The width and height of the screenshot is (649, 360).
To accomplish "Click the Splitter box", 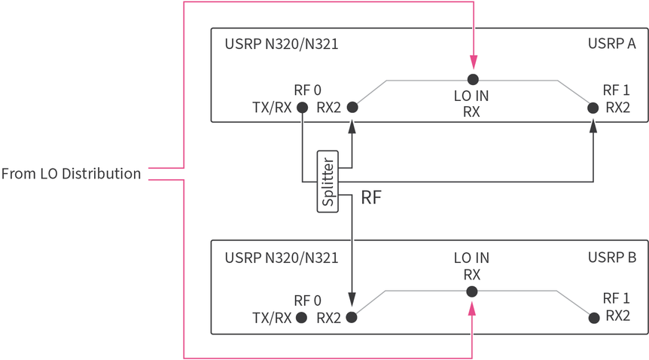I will pyautogui.click(x=328, y=182).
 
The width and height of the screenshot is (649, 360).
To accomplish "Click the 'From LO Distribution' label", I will pyautogui.click(x=71, y=174).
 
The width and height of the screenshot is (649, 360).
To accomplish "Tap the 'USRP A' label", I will pyautogui.click(x=611, y=44).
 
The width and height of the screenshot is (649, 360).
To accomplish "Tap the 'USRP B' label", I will pyautogui.click(x=611, y=258).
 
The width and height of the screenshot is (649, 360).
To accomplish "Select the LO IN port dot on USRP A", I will pyautogui.click(x=473, y=79).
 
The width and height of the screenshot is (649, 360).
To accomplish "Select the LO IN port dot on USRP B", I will pyautogui.click(x=472, y=291).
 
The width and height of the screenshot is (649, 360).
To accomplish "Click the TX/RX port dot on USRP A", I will pyautogui.click(x=302, y=108).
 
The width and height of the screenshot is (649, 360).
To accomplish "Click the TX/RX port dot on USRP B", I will pyautogui.click(x=302, y=318).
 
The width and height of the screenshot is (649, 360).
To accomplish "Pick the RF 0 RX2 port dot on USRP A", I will pyautogui.click(x=352, y=108).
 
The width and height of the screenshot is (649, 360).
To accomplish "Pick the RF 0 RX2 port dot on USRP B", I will pyautogui.click(x=352, y=318).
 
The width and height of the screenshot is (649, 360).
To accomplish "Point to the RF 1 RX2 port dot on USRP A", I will pyautogui.click(x=593, y=108).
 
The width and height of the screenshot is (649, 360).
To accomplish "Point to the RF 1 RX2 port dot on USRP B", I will pyautogui.click(x=593, y=318).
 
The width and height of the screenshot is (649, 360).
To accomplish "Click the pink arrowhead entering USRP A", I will pyautogui.click(x=473, y=63).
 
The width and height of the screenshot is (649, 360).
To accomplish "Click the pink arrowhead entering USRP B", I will pyautogui.click(x=472, y=309).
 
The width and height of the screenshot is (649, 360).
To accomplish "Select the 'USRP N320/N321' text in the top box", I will pyautogui.click(x=281, y=44).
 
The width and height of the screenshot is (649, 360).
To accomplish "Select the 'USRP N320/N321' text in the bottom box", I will pyautogui.click(x=281, y=258).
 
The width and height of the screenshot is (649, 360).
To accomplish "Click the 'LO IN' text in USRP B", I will pyautogui.click(x=471, y=258).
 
